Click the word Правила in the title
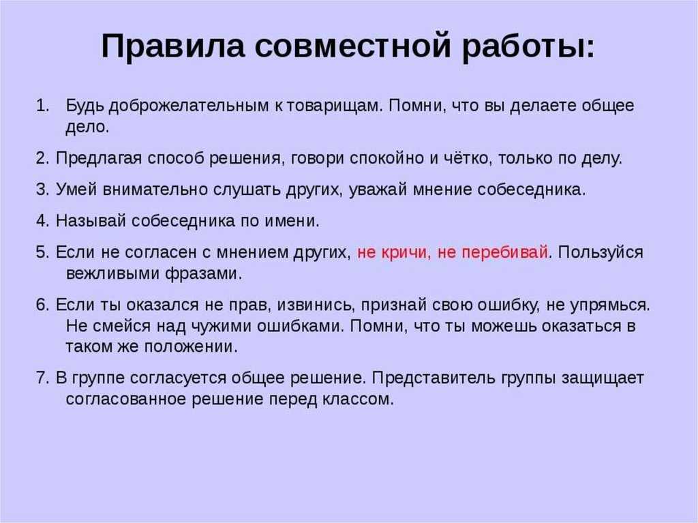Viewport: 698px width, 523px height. click(173, 46)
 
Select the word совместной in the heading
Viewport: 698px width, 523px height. click(354, 46)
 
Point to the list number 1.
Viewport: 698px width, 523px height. click(43, 106)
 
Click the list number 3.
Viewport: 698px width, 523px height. click(42, 190)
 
